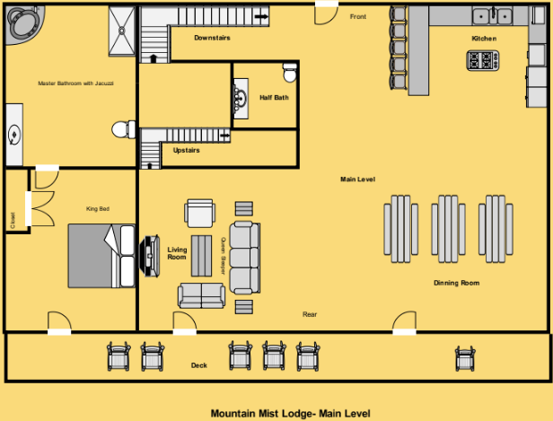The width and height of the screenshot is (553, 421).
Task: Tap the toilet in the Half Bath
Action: pyautogui.click(x=289, y=71)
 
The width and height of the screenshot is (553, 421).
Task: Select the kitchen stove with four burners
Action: pyautogui.click(x=482, y=60)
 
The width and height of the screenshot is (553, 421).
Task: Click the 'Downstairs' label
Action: pyautogui.click(x=212, y=38)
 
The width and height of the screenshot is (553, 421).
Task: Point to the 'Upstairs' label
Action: pyautogui.click(x=186, y=150)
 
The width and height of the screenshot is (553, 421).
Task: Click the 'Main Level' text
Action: pyautogui.click(x=356, y=180)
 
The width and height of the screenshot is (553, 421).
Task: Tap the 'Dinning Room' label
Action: pyautogui.click(x=456, y=283)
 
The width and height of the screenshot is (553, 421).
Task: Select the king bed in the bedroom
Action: pyautogui.click(x=101, y=255)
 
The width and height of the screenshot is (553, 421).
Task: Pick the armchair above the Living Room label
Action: pyautogui.click(x=199, y=214)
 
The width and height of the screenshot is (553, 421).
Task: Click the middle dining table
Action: pyautogui.click(x=448, y=229)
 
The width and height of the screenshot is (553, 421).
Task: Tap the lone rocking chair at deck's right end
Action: pyautogui.click(x=464, y=357)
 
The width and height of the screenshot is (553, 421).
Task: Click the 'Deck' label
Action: pyautogui.click(x=198, y=365)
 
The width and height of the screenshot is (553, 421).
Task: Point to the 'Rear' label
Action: pyautogui.click(x=309, y=314)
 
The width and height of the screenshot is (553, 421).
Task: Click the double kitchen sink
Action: pyautogui.click(x=493, y=15)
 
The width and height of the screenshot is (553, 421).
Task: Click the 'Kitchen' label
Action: pyautogui.click(x=484, y=39)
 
